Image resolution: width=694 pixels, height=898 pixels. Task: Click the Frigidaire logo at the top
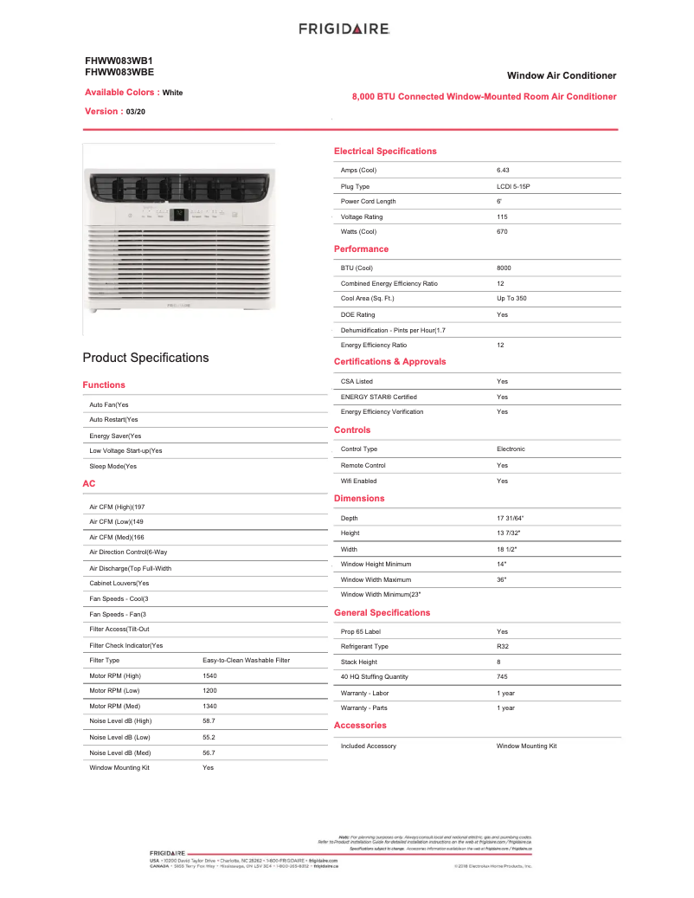click(344, 29)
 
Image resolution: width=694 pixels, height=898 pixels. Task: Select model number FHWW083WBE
click(119, 72)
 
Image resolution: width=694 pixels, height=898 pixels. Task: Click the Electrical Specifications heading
click(385, 152)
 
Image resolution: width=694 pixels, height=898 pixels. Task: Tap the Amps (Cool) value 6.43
click(503, 171)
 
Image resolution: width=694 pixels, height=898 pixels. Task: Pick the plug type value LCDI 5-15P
click(513, 186)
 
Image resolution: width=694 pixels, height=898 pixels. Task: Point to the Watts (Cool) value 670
click(502, 232)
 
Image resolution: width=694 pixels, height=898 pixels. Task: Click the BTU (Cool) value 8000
click(504, 268)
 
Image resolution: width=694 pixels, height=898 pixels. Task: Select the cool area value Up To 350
click(511, 299)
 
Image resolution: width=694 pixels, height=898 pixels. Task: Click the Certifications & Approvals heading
click(389, 362)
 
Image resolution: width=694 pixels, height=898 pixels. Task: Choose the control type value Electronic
click(511, 449)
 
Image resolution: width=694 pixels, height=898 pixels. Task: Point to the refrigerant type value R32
click(503, 647)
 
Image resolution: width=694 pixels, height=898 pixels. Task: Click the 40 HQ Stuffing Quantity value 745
click(502, 677)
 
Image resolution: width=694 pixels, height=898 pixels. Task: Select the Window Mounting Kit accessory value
click(526, 746)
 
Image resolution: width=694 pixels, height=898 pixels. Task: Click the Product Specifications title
click(145, 358)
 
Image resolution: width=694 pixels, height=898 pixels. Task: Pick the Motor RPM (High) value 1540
click(209, 675)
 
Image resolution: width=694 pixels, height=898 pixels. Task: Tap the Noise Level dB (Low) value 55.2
click(209, 738)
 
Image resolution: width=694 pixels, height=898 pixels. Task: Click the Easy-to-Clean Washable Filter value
click(246, 661)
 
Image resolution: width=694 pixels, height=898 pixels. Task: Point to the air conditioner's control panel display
click(178, 214)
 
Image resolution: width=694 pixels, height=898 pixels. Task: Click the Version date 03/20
click(136, 112)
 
